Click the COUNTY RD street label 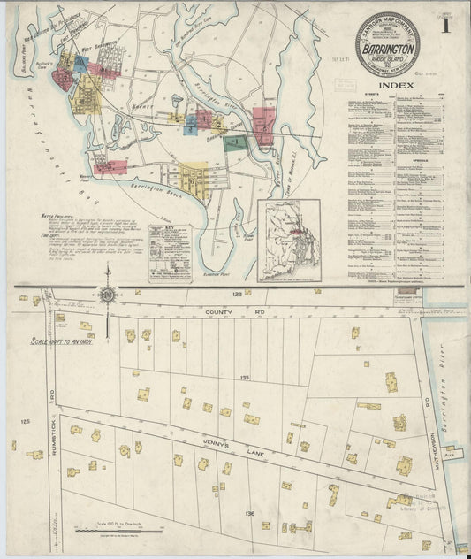point(224,313)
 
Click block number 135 point(243,377)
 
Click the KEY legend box point(170,251)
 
